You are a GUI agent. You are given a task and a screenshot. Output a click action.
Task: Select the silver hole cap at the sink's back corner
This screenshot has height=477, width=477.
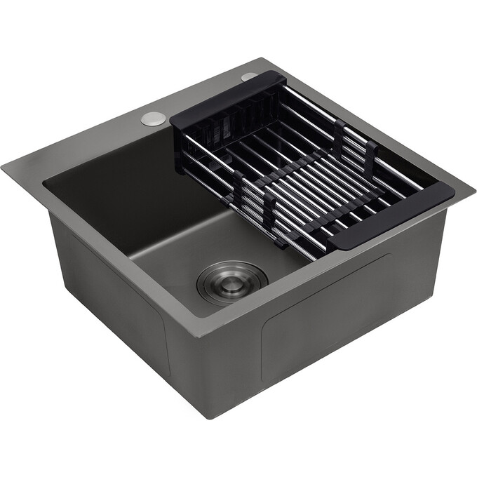pos(250,76)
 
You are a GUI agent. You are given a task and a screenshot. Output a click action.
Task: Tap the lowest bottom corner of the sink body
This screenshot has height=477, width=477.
pos(209,418)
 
